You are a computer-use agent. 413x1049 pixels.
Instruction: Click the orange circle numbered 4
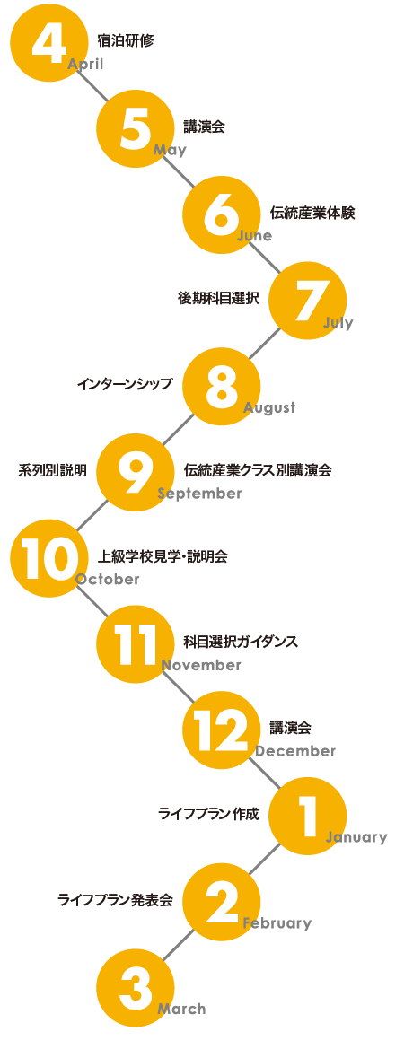48,43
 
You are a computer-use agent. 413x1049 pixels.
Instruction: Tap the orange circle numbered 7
307,301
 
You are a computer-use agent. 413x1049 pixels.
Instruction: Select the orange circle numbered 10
48,558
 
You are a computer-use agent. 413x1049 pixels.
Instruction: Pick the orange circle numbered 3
136,987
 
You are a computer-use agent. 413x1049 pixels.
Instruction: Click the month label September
199,494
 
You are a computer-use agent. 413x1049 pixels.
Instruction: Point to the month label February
277,923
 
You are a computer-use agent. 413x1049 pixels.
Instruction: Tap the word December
295,751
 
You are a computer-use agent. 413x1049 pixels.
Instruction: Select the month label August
269,407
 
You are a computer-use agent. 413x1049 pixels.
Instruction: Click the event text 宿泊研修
126,40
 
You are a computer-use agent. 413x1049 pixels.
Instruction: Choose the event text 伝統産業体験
312,213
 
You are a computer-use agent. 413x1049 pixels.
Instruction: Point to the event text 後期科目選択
218,299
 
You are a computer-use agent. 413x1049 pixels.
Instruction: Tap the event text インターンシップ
125,384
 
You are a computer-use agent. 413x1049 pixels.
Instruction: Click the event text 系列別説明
52,470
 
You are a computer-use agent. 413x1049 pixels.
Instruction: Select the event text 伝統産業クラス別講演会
258,470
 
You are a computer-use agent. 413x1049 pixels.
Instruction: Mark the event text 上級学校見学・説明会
163,556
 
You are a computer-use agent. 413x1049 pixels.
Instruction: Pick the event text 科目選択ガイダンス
241,642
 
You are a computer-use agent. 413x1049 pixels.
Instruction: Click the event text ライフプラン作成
208,814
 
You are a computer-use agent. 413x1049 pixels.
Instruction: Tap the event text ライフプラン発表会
115,900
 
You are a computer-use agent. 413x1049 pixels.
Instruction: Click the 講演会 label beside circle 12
290,727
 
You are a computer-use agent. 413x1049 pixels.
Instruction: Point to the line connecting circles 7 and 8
264,343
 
